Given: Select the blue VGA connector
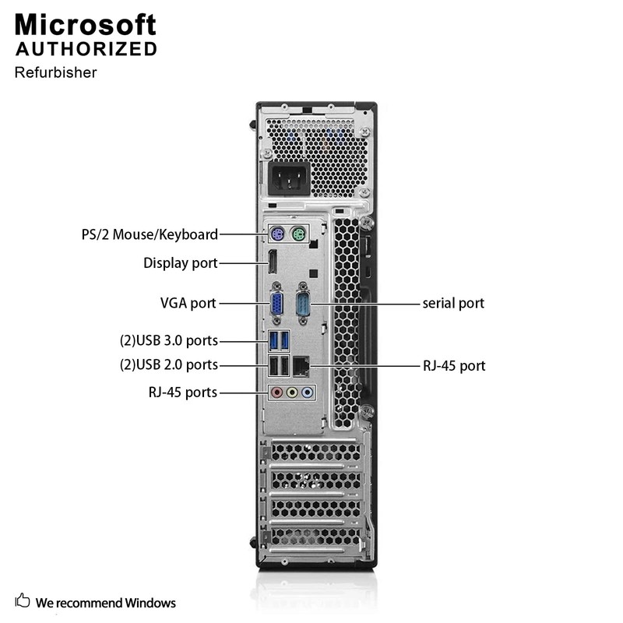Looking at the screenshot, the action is (x=276, y=302).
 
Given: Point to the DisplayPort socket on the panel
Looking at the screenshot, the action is (x=273, y=263).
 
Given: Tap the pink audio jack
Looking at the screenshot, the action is (x=276, y=393).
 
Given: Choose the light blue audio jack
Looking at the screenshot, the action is (x=308, y=393).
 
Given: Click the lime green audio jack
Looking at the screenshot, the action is (x=292, y=393).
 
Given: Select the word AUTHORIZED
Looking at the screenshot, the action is (x=86, y=49).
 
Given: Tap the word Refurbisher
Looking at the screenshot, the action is (x=55, y=72).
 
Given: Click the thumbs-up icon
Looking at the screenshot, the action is (x=23, y=601).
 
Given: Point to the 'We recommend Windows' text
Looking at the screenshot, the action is (x=106, y=603).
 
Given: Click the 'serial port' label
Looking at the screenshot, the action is (x=453, y=303).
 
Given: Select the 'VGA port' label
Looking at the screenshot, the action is (x=188, y=303).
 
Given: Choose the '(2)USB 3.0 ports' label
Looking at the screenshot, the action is (x=168, y=340).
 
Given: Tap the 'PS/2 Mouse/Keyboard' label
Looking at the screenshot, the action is (x=150, y=234).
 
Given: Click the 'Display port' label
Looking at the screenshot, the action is (x=181, y=263).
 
